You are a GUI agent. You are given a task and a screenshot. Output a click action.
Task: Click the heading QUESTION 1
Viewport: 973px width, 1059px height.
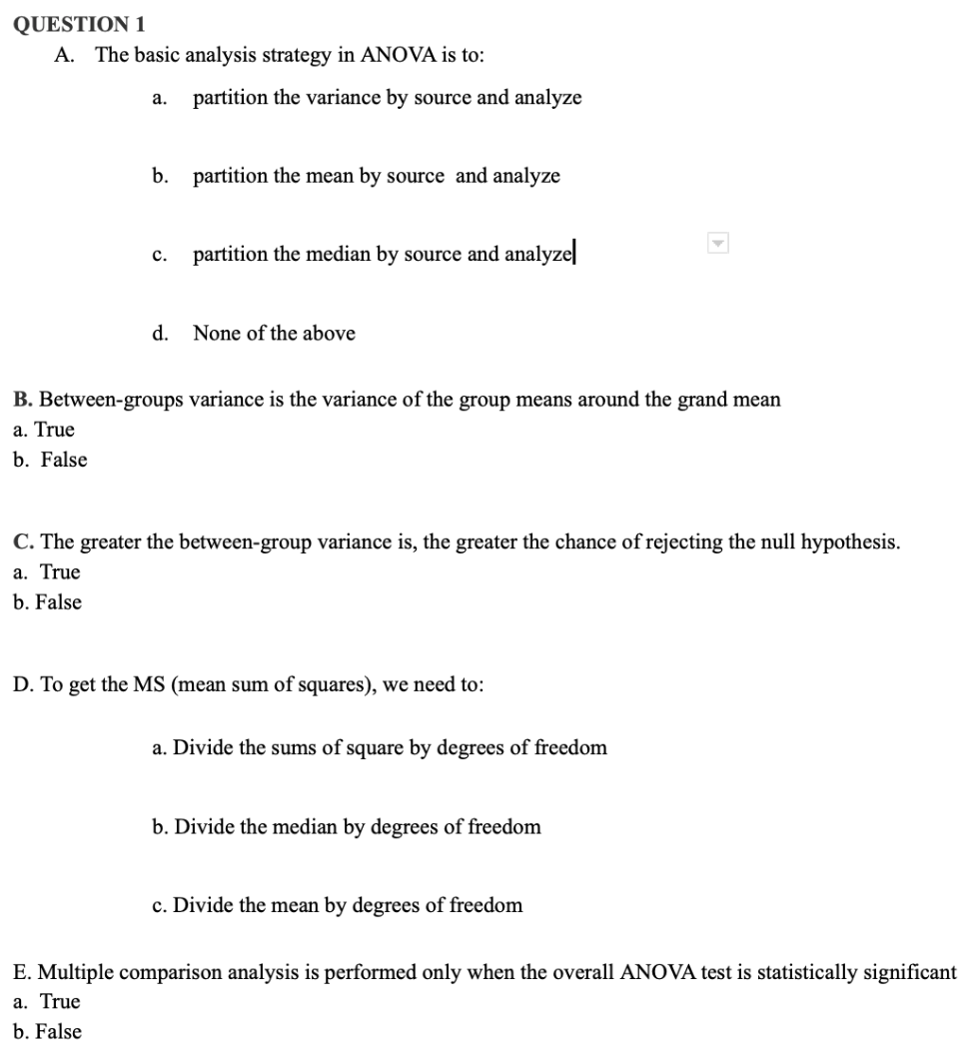coord(76,23)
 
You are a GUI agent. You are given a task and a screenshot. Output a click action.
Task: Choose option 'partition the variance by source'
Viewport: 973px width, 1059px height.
coord(387,98)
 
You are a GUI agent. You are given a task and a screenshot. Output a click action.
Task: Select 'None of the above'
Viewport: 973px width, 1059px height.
coord(274,333)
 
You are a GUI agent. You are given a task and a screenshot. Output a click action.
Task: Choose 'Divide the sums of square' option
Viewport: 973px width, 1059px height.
coord(380,747)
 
